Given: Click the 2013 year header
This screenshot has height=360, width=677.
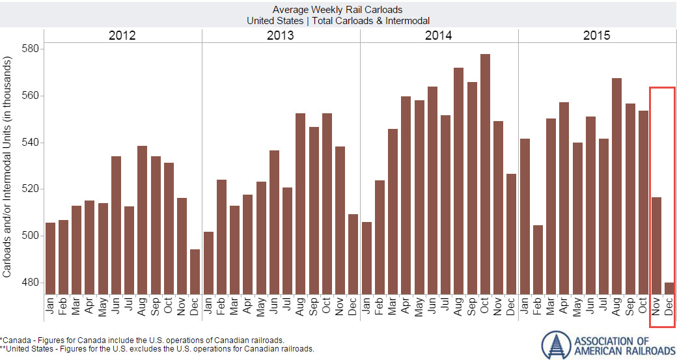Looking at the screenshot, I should coord(281,35).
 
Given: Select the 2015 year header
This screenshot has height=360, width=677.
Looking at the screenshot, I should coord(597,35).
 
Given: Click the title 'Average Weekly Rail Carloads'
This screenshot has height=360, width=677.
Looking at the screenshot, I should coord(338,10).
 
